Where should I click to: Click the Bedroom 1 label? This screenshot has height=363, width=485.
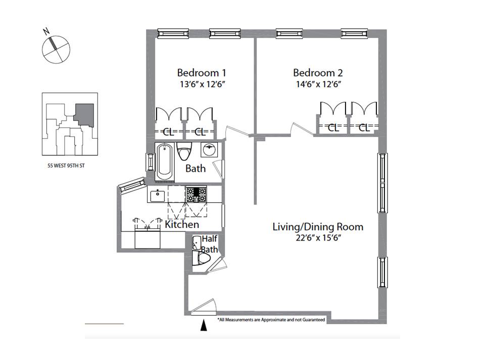202,73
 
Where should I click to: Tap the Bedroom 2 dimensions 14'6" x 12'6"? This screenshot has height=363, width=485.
318,84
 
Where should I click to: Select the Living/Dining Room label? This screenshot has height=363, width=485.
318,227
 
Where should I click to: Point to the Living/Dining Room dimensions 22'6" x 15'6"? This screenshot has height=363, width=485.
318,238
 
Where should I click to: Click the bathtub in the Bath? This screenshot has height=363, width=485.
165,162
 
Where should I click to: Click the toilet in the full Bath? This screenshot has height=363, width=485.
184,151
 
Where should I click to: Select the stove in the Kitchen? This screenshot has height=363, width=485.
196,195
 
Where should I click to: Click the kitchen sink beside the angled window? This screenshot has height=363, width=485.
158,195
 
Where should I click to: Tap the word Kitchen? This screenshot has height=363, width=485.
182,224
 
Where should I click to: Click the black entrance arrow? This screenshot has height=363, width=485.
204,325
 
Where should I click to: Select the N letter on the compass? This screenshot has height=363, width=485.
46,31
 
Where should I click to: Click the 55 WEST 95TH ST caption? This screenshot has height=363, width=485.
66,165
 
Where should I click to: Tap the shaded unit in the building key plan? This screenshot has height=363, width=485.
84,115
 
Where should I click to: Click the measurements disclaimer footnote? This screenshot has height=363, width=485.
271,320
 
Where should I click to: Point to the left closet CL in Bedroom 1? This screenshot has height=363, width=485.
169,133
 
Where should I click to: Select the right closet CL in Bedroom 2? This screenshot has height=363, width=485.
364,128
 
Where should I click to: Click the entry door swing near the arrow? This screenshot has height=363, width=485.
203,307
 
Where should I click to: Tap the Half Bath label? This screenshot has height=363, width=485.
210,244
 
